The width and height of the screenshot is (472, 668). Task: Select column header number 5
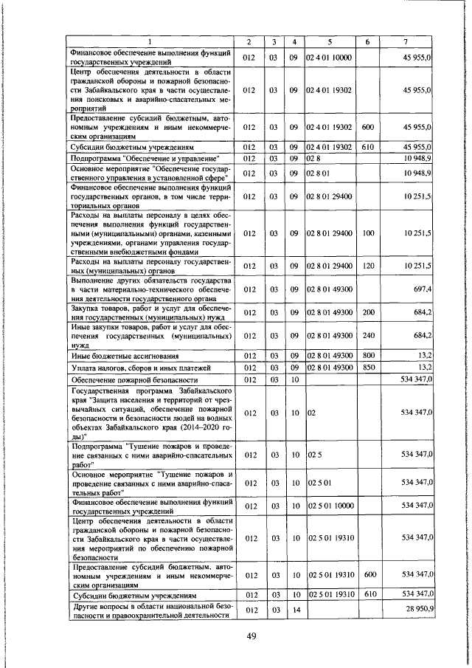[x=330, y=42]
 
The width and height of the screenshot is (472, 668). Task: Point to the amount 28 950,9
[x=416, y=610]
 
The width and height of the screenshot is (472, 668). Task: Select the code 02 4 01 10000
[x=329, y=56]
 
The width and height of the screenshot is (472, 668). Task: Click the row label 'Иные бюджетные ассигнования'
[x=118, y=356]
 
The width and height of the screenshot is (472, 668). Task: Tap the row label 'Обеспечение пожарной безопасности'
[x=125, y=378]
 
